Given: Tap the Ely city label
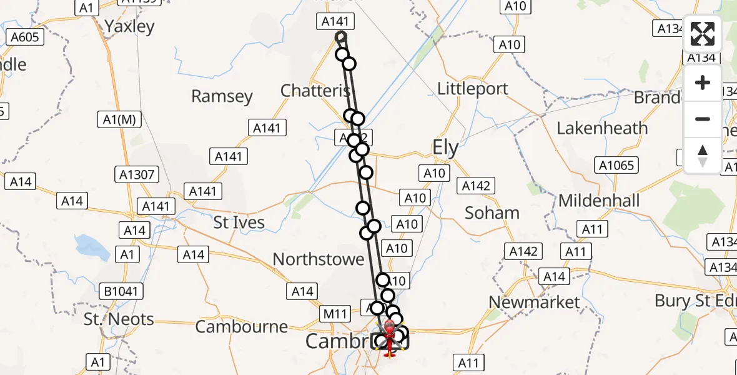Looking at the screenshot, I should click(x=446, y=149).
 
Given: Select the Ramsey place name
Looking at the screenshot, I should click(x=222, y=96).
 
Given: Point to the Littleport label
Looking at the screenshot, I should click(x=473, y=89).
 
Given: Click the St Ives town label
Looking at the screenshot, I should click(x=239, y=222).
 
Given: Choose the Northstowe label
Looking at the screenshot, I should click(x=319, y=259).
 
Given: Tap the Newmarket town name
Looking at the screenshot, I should click(x=534, y=302).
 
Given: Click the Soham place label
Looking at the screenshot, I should click(x=492, y=213).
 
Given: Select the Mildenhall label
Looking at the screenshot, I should click(x=599, y=201).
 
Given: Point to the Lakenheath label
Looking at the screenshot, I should click(x=602, y=129).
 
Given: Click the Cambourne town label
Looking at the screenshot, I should click(x=242, y=326).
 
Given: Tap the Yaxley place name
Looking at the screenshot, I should click(x=129, y=26).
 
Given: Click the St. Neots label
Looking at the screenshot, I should click(x=119, y=319).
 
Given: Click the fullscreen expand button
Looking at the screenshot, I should click(x=703, y=34).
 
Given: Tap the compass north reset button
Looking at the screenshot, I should click(x=703, y=155).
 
